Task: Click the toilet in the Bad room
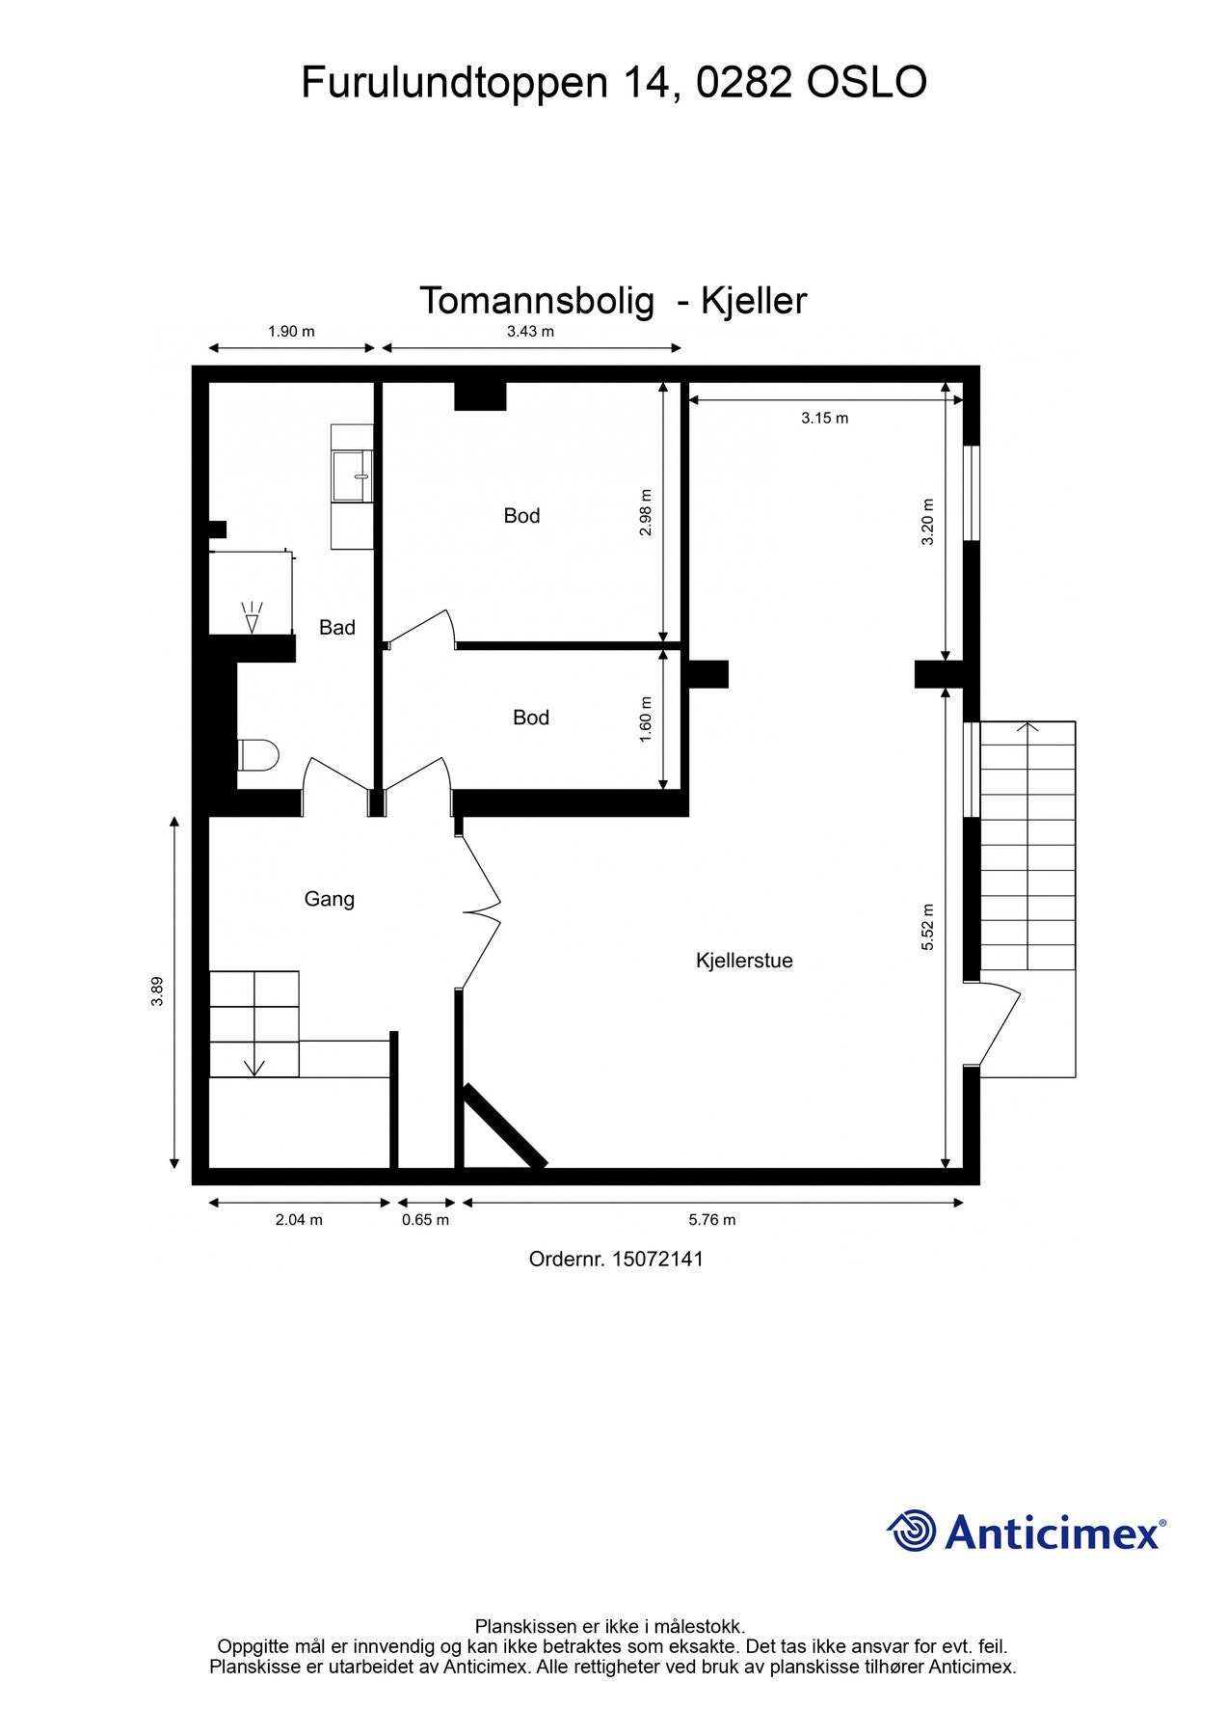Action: pyautogui.click(x=257, y=755)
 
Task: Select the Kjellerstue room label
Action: pyautogui.click(x=744, y=961)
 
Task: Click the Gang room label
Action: pyautogui.click(x=330, y=899)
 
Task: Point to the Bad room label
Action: pyautogui.click(x=337, y=628)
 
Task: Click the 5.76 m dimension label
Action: pyautogui.click(x=712, y=1220)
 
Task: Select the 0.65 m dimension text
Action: pyautogui.click(x=425, y=1220)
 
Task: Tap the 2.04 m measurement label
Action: pyautogui.click(x=299, y=1220)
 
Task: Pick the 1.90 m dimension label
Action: pyautogui.click(x=291, y=332)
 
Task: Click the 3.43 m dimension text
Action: pyautogui.click(x=530, y=332)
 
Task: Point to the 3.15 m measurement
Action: pyautogui.click(x=825, y=419)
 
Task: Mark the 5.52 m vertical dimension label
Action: pyautogui.click(x=928, y=928)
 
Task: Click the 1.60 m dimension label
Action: pyautogui.click(x=646, y=719)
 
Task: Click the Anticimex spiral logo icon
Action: pyautogui.click(x=912, y=1532)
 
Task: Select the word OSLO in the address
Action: pyautogui.click(x=867, y=83)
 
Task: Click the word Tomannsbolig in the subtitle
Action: pyautogui.click(x=536, y=301)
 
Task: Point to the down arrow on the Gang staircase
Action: pyautogui.click(x=254, y=1067)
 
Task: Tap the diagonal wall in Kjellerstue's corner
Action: pyautogui.click(x=505, y=1126)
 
